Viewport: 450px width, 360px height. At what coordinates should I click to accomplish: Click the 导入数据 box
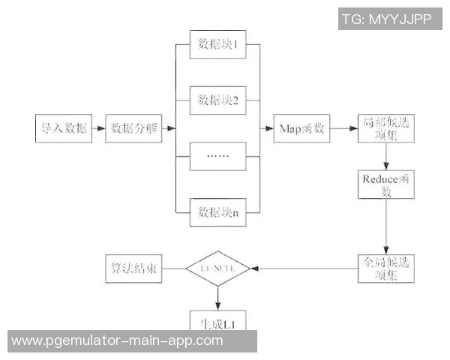tap(62, 128)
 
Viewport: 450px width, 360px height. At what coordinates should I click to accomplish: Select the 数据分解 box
tap(133, 128)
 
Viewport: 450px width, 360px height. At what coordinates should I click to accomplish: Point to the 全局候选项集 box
tap(386, 268)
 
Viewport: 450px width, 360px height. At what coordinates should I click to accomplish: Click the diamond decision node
tap(217, 268)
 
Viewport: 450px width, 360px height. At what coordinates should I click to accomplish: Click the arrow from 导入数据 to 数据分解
tap(98, 128)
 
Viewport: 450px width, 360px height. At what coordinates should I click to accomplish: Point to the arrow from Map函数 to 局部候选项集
tap(341, 128)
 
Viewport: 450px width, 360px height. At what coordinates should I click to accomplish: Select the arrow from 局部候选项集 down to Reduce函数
tap(386, 156)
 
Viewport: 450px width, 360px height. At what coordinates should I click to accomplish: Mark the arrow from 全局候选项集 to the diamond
tap(304, 268)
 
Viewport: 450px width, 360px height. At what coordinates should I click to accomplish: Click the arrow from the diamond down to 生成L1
tap(217, 298)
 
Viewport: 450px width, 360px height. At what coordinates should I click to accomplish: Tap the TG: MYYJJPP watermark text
tap(387, 19)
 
